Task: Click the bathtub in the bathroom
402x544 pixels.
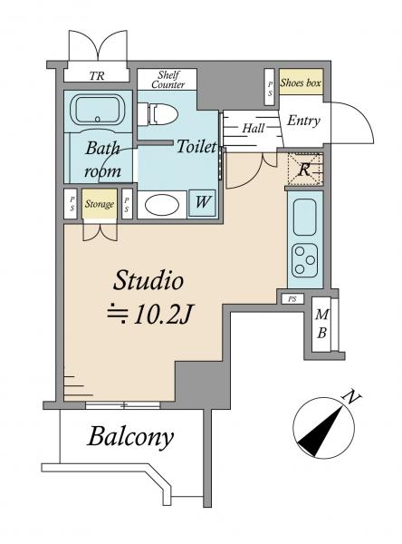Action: pos(98,110)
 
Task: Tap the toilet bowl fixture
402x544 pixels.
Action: pos(158,114)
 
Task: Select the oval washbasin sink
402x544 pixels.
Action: pos(162,205)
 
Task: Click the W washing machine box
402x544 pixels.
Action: pos(202,203)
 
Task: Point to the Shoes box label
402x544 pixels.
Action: pos(301,83)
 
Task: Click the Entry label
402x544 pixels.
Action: pos(303,121)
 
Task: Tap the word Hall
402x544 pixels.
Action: pos(254,129)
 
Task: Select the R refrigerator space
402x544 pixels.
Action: pos(305,170)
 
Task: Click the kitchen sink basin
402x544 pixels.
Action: pos(304,218)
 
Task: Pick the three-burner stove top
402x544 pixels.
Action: pos(304,260)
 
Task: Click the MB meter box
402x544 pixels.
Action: pos(322,324)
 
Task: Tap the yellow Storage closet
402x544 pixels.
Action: pos(100,204)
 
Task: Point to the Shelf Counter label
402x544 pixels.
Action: pos(168,80)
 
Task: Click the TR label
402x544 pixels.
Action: pos(97,76)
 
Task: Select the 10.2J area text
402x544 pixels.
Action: pos(149,315)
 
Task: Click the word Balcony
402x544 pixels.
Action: pos(130,437)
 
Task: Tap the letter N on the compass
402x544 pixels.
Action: pos(351,398)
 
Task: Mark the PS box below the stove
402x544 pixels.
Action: pos(292,298)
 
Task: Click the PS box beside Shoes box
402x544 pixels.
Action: pos(270,87)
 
